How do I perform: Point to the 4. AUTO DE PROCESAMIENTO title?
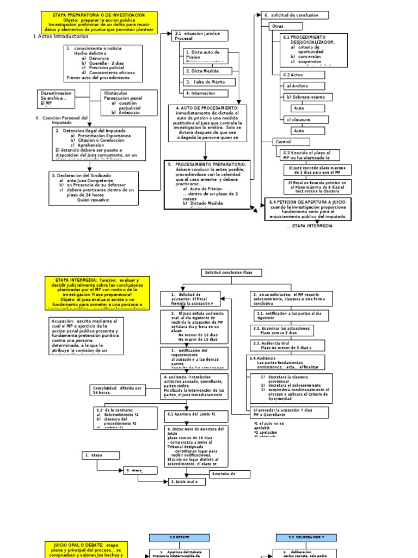point(207,108)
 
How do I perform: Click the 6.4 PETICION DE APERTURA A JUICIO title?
point(308,202)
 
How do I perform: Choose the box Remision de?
point(223,474)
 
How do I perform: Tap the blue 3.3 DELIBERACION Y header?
point(306,537)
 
